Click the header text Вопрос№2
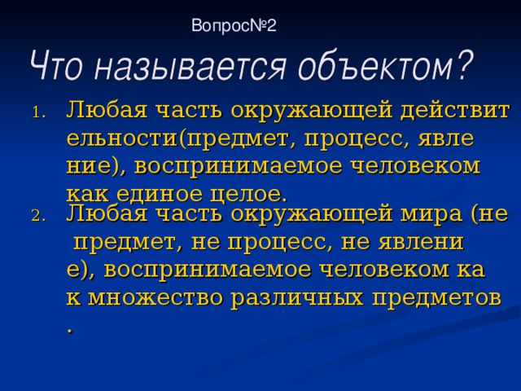234,26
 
